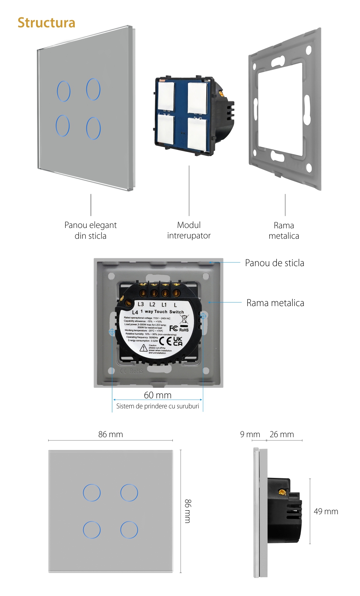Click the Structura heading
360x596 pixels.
46,23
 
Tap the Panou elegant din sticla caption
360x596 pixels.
90,230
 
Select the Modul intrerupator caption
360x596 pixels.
189,230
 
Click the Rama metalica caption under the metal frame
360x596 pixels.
284,230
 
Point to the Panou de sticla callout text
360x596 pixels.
274,263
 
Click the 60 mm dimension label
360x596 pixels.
158,395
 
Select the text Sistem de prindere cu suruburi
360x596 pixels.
158,406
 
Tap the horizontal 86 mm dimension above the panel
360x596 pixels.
111,434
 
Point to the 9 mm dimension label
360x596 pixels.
250,434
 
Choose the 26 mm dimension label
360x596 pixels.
282,434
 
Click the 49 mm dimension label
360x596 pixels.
326,511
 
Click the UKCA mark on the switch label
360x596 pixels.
178,341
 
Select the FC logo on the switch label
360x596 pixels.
174,328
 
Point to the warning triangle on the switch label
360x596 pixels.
144,348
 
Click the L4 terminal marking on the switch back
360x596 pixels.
135,312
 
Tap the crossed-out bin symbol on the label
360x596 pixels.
184,319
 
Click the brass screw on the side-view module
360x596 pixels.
282,492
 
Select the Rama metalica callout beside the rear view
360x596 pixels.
275,303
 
